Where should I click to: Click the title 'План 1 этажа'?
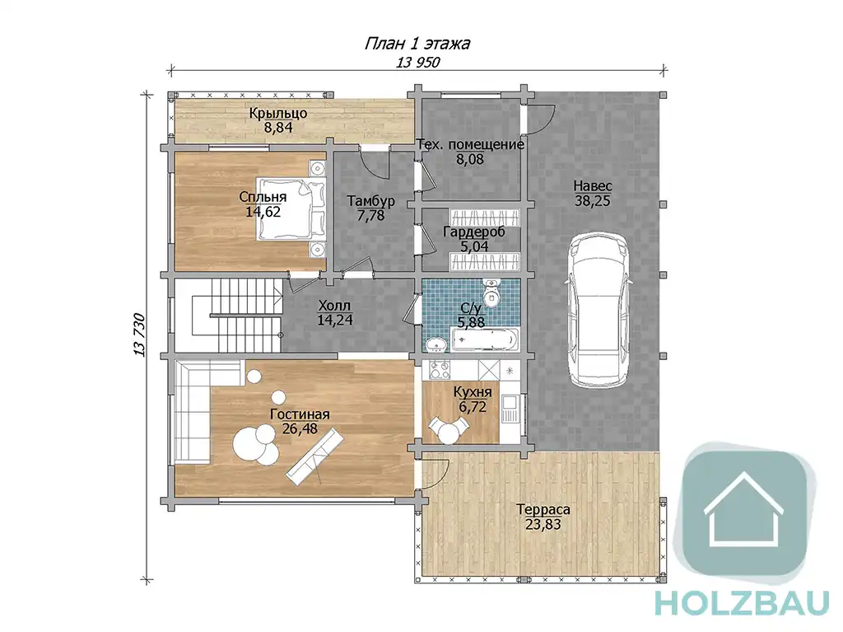[x=417, y=43]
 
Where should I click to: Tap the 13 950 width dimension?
[x=417, y=63]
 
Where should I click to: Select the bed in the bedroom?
[x=291, y=208]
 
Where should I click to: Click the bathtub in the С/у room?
[x=484, y=339]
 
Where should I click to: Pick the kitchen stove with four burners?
[x=440, y=370]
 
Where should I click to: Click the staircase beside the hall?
[x=229, y=316]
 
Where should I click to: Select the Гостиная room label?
[x=300, y=414]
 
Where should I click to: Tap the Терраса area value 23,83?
[x=543, y=524]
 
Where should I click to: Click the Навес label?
[x=593, y=186]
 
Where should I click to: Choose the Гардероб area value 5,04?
[x=474, y=246]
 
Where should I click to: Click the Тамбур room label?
[x=371, y=201]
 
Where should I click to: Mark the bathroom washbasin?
[x=435, y=344]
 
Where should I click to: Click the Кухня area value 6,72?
[x=473, y=406]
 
